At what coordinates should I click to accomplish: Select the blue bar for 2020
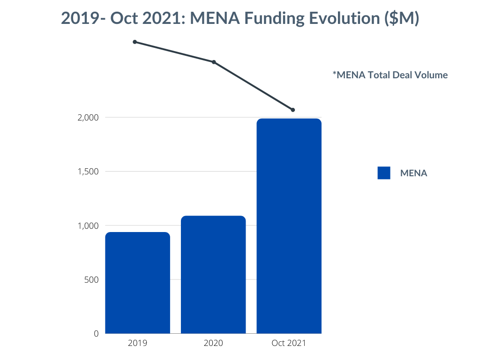[x=213, y=275]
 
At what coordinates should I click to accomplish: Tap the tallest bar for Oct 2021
[x=289, y=226]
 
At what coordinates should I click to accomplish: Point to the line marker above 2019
[x=135, y=42]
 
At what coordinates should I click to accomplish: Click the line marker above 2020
[x=214, y=62]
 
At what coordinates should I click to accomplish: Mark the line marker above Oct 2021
[x=293, y=110]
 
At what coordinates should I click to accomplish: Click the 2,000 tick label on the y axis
[x=88, y=117]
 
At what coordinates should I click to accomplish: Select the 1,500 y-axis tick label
[x=88, y=172]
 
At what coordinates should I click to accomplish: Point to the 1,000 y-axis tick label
[x=88, y=225]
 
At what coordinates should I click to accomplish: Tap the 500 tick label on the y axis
[x=92, y=280]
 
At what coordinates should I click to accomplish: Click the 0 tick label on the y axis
[x=96, y=334]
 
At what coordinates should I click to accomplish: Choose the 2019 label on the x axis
[x=137, y=343]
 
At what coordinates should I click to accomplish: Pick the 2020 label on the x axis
[x=213, y=343]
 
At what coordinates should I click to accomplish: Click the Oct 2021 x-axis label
[x=289, y=343]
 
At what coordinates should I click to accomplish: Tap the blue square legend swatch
[x=384, y=173]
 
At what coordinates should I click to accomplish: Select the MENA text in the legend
[x=413, y=173]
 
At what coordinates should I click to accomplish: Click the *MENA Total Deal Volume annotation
[x=390, y=75]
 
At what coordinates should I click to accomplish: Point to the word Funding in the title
[x=275, y=19]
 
